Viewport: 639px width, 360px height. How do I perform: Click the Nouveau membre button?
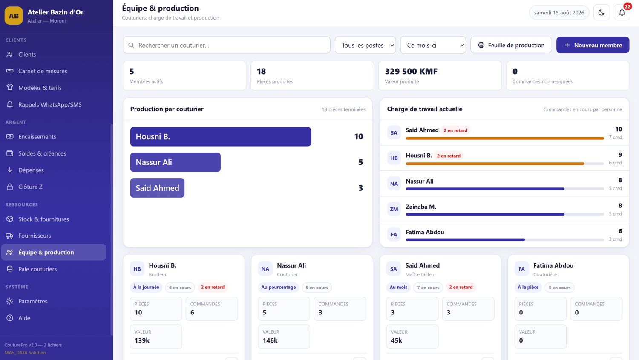pos(593,45)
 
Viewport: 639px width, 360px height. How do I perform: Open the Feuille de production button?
pos(511,45)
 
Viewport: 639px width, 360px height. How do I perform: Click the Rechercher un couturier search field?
pos(227,45)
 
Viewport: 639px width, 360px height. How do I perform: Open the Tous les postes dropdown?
pos(365,45)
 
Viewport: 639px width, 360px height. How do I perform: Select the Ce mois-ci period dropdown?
pos(433,45)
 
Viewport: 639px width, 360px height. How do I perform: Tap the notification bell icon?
pos(622,12)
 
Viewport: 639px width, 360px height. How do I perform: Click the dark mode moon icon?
pos(602,12)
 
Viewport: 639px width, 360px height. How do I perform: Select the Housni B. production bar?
pos(221,137)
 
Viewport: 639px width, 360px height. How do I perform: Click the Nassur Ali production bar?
pos(176,162)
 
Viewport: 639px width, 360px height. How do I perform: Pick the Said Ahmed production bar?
pos(157,188)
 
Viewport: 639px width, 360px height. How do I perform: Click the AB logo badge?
pos(14,16)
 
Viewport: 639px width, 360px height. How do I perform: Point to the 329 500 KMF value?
pos(411,71)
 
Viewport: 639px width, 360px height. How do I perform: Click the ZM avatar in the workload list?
pos(394,209)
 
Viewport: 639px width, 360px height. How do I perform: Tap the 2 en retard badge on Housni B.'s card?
pos(213,287)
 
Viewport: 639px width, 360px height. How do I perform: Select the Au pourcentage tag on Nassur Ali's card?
pos(279,287)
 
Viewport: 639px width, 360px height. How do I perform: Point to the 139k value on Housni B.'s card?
pos(142,340)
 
